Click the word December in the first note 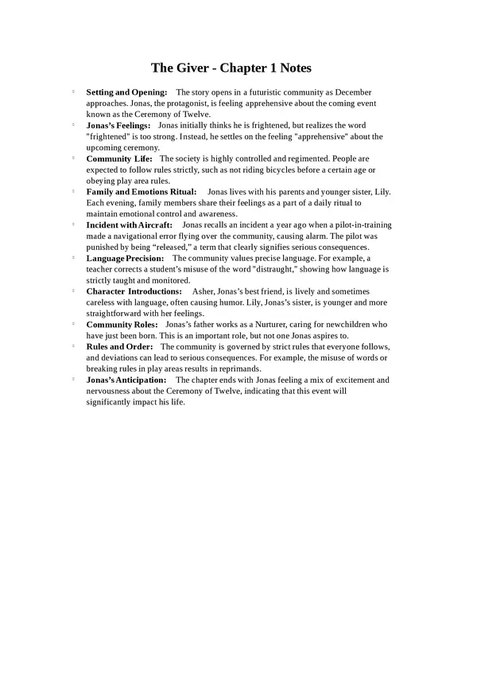pos(348,92)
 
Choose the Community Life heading pos(119,159)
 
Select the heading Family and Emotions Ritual pos(142,193)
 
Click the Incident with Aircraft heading pos(129,225)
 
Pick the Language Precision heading pos(125,259)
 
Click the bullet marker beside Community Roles pos(73,324)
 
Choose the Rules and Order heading pos(119,347)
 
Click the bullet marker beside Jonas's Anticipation pos(73,379)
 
